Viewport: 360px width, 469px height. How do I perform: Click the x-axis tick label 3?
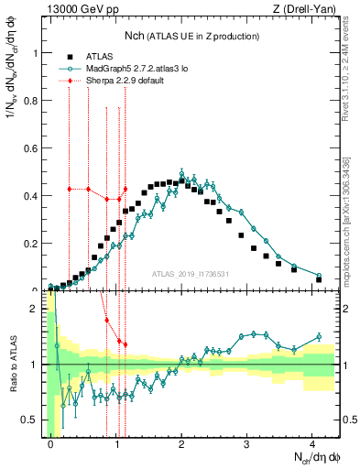(247, 442)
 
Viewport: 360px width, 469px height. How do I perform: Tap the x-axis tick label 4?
(312, 442)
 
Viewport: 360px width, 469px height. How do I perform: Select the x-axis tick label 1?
(116, 442)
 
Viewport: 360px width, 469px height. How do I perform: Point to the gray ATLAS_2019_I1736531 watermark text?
(190, 275)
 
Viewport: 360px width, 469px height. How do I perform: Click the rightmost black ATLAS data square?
(319, 279)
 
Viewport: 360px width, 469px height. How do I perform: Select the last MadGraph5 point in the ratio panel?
(319, 336)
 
